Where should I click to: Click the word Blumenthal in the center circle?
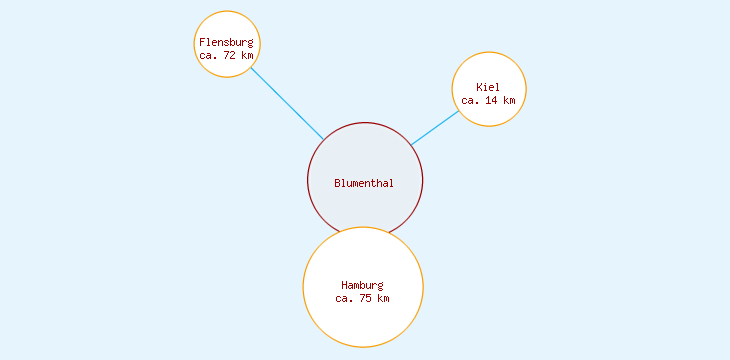click(x=364, y=183)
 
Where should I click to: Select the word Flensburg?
click(x=226, y=42)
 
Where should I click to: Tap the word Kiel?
click(x=488, y=88)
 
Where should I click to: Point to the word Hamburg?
click(x=362, y=285)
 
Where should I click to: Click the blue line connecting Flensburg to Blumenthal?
click(x=287, y=103)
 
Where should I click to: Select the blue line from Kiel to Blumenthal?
click(x=435, y=127)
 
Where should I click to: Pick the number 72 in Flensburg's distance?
click(x=229, y=55)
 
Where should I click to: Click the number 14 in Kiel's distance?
click(x=491, y=100)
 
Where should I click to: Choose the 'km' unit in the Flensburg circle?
click(x=247, y=55)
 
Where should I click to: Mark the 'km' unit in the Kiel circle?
click(x=509, y=100)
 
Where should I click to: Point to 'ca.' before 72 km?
click(x=208, y=55)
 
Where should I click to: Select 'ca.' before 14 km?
click(x=470, y=100)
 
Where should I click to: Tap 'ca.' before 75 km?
click(x=344, y=298)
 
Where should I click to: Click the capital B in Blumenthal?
click(x=337, y=183)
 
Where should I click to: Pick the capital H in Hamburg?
click(x=344, y=285)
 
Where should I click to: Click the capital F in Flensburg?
click(x=202, y=42)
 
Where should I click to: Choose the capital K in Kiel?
click(x=479, y=88)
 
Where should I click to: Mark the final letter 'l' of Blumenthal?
click(x=391, y=183)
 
